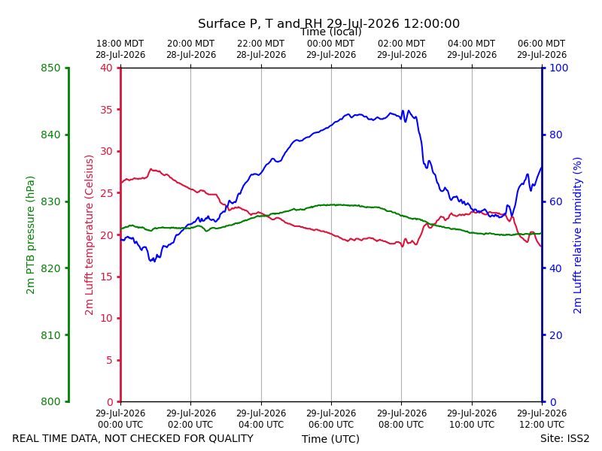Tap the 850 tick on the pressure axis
pyautogui.click(x=50, y=68)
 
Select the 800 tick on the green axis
pyautogui.click(x=50, y=402)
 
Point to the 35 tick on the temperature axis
pyautogui.click(x=107, y=110)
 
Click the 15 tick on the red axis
pyautogui.click(x=107, y=277)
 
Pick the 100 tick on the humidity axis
pyautogui.click(x=559, y=68)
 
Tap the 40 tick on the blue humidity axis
pyautogui.click(x=556, y=268)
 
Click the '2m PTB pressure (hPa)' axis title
pyautogui.click(x=30, y=235)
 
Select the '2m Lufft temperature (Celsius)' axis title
pyautogui.click(x=89, y=235)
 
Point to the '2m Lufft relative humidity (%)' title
pyautogui.click(x=577, y=235)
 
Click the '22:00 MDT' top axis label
pyautogui.click(x=261, y=44)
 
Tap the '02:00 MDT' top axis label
pyautogui.click(x=402, y=44)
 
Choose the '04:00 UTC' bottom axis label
pyautogui.click(x=261, y=425)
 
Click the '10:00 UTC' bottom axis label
pyautogui.click(x=472, y=425)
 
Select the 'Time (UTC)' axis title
pyautogui.click(x=330, y=439)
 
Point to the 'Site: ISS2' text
pyautogui.click(x=565, y=438)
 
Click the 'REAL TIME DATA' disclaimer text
pyautogui.click(x=133, y=438)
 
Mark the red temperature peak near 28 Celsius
pyautogui.click(x=151, y=168)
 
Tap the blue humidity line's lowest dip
pyautogui.click(x=154, y=261)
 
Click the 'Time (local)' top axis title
pyautogui.click(x=331, y=32)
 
